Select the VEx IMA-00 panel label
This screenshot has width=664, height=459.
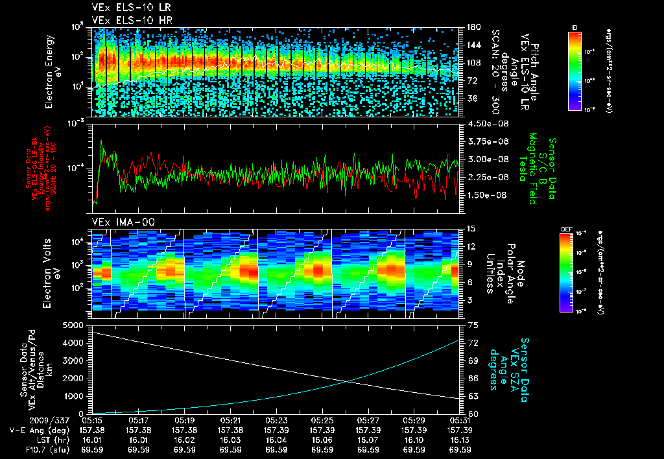pos(119,222)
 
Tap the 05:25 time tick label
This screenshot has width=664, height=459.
pos(322,420)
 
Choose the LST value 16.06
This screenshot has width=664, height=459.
pos(322,439)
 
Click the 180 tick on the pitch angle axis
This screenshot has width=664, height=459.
pos(473,27)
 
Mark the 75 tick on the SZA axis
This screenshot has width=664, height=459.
pos(473,324)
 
